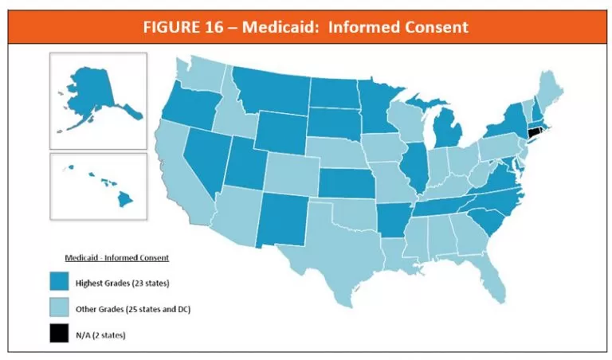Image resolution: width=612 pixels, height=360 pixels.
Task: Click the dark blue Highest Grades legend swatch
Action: (58, 284)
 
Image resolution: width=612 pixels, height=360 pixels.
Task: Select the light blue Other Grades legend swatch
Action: (58, 309)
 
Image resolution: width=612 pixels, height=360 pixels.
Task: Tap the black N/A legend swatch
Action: (58, 335)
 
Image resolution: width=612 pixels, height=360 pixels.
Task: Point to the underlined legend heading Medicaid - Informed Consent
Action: (115, 257)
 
